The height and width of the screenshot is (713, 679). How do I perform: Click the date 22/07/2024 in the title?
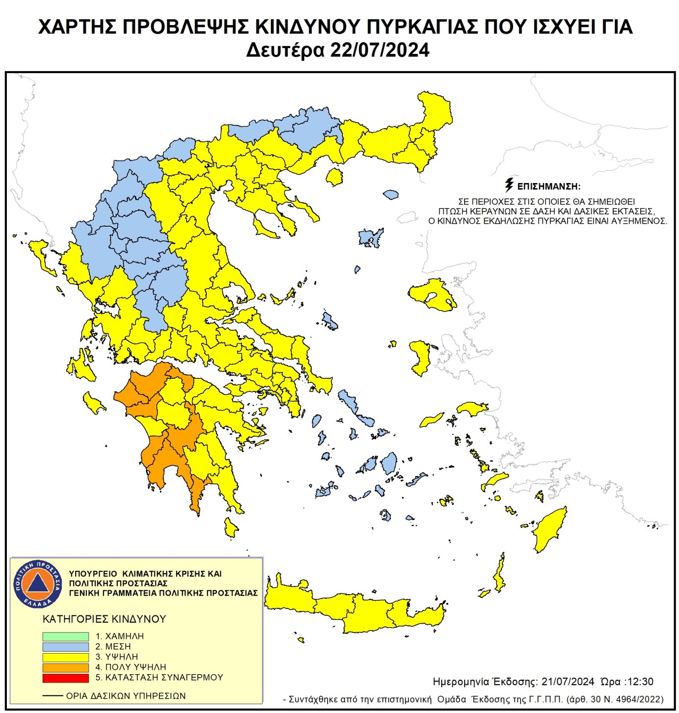click(x=380, y=50)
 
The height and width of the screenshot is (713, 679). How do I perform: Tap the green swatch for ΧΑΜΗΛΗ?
click(x=65, y=636)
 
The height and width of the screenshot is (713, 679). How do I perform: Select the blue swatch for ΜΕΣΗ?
click(x=65, y=646)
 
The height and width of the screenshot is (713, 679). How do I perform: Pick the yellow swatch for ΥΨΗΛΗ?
click(x=65, y=657)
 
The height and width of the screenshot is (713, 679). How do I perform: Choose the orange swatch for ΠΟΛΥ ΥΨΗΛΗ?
click(x=65, y=667)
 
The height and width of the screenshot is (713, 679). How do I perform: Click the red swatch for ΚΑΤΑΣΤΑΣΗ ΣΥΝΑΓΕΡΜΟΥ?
click(x=65, y=678)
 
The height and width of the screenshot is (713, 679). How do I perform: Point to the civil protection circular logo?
click(x=37, y=583)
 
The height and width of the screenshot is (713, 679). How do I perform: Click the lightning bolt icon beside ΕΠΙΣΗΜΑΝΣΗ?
click(x=509, y=185)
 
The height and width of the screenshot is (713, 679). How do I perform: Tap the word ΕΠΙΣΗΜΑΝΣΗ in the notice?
click(x=549, y=186)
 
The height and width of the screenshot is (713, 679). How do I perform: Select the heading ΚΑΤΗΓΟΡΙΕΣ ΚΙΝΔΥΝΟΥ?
click(x=104, y=619)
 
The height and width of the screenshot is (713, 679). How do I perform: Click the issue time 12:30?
click(x=641, y=682)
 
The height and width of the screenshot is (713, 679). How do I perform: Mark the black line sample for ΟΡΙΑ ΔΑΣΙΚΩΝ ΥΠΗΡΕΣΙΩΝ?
click(x=52, y=696)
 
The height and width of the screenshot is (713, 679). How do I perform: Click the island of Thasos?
click(x=335, y=177)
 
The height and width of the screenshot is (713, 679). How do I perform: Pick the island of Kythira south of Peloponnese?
click(x=230, y=528)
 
